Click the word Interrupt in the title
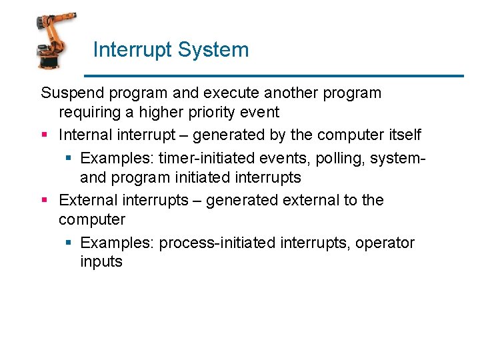click(x=125, y=50)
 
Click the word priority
click(x=211, y=112)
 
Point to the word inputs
click(x=101, y=261)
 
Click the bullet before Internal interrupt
click(x=44, y=135)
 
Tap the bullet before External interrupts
click(x=44, y=200)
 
